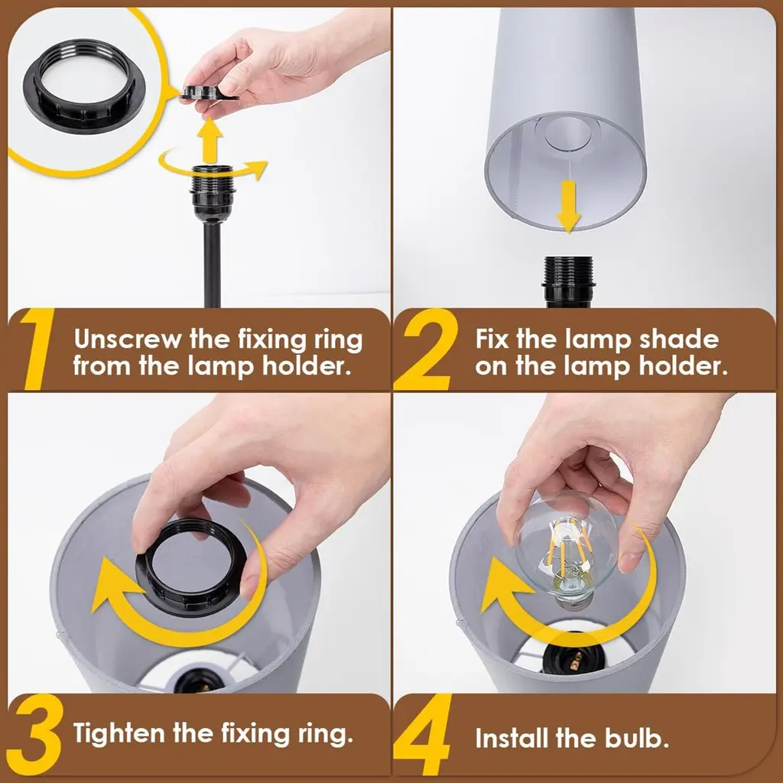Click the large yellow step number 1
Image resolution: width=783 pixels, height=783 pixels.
(37, 349)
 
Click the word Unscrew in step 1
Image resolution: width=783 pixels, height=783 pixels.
(128, 340)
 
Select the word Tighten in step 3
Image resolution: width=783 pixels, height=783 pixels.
(119, 734)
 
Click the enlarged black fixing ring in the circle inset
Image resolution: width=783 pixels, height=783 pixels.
(84, 85)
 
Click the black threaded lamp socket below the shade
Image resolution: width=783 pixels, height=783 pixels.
(568, 281)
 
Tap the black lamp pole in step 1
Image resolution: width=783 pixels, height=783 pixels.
(213, 265)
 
